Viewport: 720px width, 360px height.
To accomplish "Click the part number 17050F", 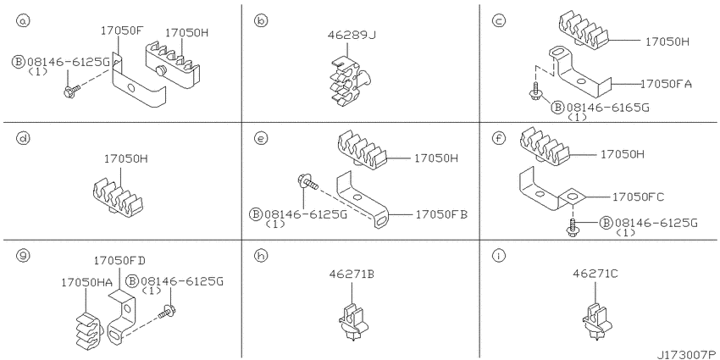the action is click(x=122, y=31).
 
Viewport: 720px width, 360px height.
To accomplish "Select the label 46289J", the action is click(x=350, y=35).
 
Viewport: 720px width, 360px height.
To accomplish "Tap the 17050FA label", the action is click(x=666, y=84).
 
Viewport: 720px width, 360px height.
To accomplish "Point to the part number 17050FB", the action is click(x=441, y=214).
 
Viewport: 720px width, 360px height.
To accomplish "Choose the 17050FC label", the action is click(x=639, y=197).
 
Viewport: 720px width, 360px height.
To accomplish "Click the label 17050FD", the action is click(x=119, y=260).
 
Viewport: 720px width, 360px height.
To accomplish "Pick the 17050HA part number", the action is click(x=86, y=282).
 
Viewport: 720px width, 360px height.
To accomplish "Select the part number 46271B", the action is click(x=352, y=274).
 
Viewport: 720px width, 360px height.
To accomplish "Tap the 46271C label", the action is click(x=595, y=274).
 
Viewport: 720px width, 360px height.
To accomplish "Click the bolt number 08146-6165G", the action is click(x=607, y=108).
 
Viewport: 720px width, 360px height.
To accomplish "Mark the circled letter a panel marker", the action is click(x=21, y=20).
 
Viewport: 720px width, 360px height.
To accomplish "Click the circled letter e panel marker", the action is click(x=260, y=138).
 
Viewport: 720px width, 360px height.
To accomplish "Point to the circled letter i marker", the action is click(x=498, y=256).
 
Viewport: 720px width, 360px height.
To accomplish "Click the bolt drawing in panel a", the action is click(x=72, y=91).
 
